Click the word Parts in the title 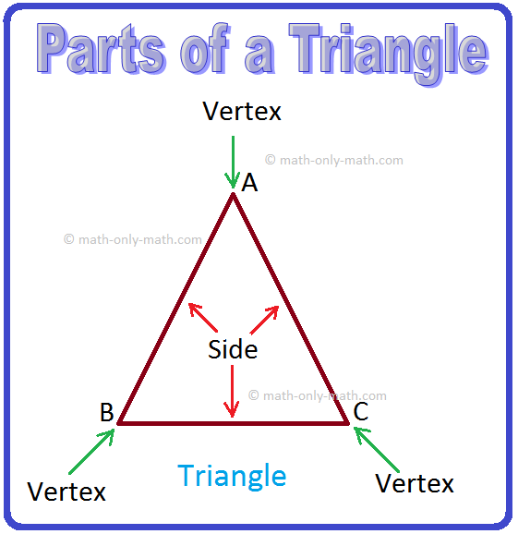[x=101, y=49]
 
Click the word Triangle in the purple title [x=389, y=54]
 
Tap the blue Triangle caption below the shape [x=232, y=477]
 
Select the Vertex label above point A [x=242, y=112]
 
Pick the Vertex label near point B [x=66, y=492]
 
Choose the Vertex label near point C [x=415, y=483]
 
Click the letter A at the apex [x=249, y=183]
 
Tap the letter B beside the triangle [x=106, y=412]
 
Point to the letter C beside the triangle [x=361, y=411]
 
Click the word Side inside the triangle [x=233, y=349]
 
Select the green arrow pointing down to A [x=233, y=162]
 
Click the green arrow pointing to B [x=91, y=451]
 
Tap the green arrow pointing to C [x=377, y=450]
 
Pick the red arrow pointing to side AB [x=203, y=317]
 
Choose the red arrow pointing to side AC [x=264, y=320]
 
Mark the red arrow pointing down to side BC [x=232, y=392]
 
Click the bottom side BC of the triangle [x=233, y=423]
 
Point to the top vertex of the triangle [x=233, y=193]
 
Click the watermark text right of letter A [x=334, y=160]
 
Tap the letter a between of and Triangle [x=259, y=55]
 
